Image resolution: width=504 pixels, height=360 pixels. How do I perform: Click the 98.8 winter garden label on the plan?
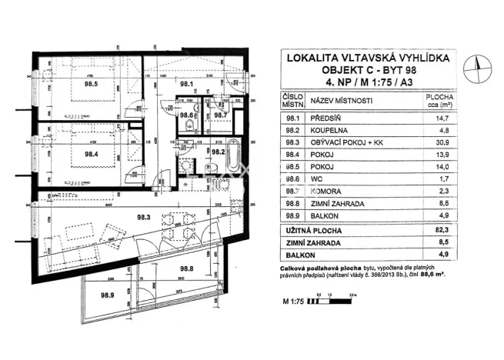coord(185,268)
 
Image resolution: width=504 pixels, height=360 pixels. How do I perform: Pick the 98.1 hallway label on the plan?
coord(185,85)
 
